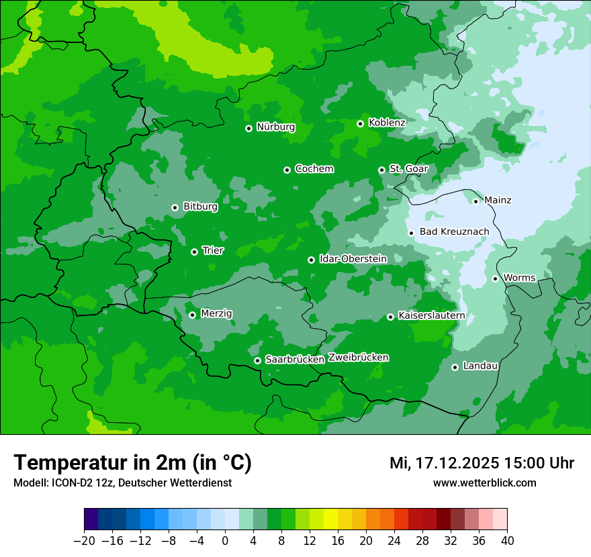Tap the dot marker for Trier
click(x=194, y=252)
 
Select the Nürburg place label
click(x=275, y=127)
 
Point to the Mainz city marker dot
click(x=475, y=201)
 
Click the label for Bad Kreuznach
click(x=454, y=232)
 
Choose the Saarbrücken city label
click(x=295, y=360)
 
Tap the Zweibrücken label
click(x=358, y=358)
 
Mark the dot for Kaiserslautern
click(x=390, y=317)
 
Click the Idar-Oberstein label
click(x=343, y=259)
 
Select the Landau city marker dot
click(x=455, y=367)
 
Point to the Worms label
click(x=519, y=278)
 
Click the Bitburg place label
click(x=200, y=207)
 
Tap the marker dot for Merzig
click(x=192, y=315)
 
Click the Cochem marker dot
click(x=287, y=170)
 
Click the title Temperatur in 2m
click(x=132, y=463)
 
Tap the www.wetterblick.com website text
click(x=484, y=483)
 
